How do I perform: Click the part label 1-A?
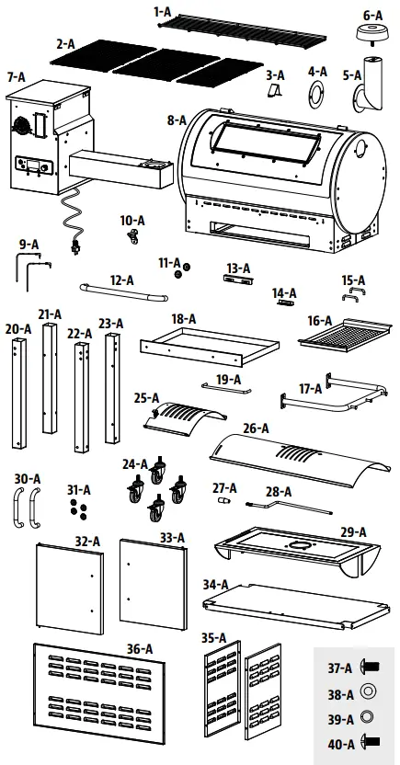point(163,11)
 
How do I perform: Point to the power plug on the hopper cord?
point(73,246)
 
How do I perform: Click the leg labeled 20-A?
point(16,386)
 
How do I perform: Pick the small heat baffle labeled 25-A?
point(182,417)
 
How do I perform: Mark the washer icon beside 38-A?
point(367,690)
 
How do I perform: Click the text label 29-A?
point(353,531)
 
